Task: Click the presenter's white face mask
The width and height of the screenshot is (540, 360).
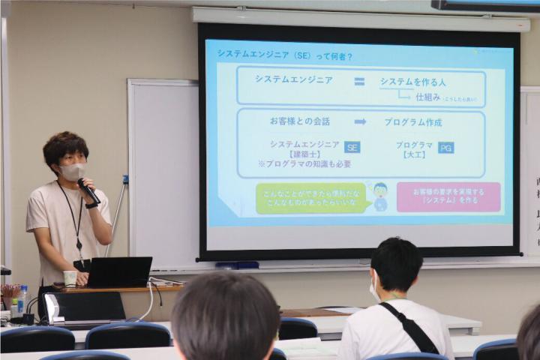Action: click(73, 172)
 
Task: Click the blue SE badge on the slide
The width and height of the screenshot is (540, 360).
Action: click(352, 147)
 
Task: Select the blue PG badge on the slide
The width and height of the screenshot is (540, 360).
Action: click(445, 147)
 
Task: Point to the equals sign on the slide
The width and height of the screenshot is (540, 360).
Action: click(359, 81)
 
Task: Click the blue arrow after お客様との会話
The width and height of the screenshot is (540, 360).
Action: click(361, 121)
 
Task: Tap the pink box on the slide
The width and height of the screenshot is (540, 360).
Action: click(448, 196)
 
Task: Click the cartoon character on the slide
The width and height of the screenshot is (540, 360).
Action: click(380, 196)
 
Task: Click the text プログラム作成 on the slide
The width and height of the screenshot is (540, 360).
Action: click(413, 121)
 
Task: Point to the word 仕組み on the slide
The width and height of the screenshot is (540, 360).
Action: click(427, 96)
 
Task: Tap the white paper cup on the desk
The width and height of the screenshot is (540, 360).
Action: click(70, 278)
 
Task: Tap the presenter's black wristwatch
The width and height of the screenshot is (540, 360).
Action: click(91, 204)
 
